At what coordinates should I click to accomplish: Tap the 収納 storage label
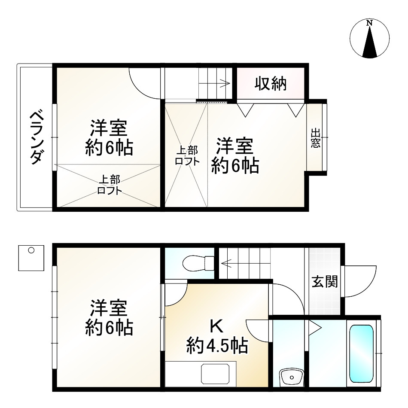point(271,84)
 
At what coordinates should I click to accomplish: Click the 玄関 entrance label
point(324,282)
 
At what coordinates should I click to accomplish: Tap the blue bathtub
point(361,353)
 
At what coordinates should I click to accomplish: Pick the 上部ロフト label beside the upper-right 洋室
point(187,156)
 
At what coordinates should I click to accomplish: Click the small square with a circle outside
point(31,258)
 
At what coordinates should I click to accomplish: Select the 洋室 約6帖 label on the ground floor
point(108,318)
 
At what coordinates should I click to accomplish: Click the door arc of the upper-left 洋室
point(144,82)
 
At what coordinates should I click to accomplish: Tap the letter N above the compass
point(369,24)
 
